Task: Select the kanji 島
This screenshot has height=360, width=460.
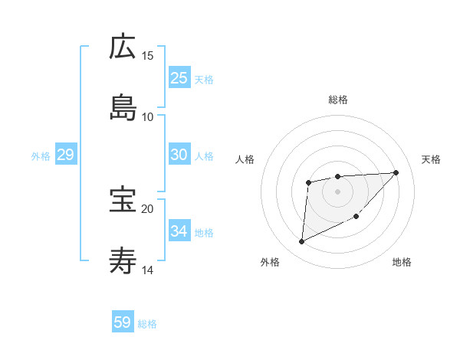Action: click(123, 108)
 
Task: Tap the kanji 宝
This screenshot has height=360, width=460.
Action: click(123, 200)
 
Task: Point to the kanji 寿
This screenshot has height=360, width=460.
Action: click(123, 261)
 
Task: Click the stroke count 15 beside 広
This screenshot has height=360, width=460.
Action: click(148, 56)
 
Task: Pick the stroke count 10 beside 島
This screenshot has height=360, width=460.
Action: click(148, 116)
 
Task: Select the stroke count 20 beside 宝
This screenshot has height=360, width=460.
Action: click(148, 208)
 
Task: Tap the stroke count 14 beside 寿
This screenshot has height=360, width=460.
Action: click(148, 270)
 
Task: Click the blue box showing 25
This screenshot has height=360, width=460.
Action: click(179, 78)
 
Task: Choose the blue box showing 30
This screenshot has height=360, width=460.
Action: click(179, 155)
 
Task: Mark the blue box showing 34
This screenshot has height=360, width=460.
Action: click(179, 231)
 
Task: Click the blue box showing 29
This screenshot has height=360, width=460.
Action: click(65, 155)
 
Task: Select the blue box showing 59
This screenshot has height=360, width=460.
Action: click(123, 322)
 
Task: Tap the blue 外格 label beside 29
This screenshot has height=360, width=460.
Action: click(41, 156)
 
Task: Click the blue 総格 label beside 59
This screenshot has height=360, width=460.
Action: click(147, 324)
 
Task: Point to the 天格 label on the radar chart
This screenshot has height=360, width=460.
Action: click(432, 159)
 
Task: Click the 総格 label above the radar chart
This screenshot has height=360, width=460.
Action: click(338, 100)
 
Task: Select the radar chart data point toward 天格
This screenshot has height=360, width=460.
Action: click(396, 172)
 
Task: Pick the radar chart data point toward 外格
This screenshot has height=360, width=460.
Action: click(301, 242)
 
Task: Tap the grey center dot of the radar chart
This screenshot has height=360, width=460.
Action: click(337, 191)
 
